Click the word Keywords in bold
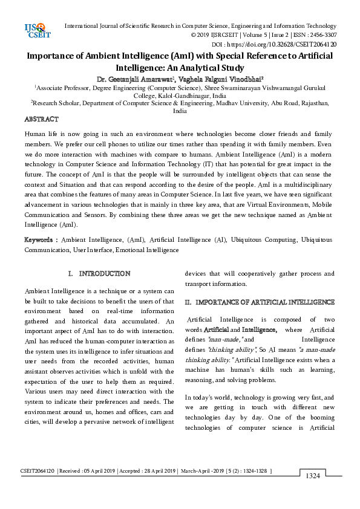tap(40, 239)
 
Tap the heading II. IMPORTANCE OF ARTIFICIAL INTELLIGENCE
tap(260, 302)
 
